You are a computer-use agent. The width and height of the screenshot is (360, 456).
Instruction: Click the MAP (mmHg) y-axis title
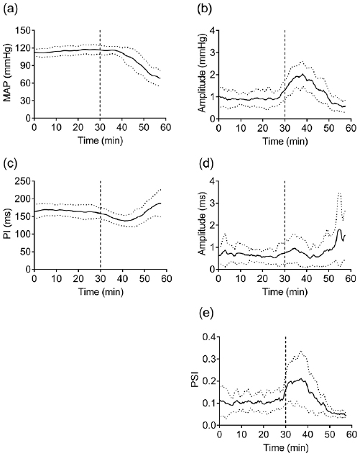9,75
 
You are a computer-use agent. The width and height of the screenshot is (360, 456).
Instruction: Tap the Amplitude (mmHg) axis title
201,75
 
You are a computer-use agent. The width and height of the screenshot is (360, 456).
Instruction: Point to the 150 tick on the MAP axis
25,31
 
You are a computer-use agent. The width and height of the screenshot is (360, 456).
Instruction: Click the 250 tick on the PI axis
25,181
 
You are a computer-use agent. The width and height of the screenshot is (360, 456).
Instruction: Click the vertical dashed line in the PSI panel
285,374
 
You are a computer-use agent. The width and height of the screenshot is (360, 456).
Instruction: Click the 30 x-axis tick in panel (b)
285,127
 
